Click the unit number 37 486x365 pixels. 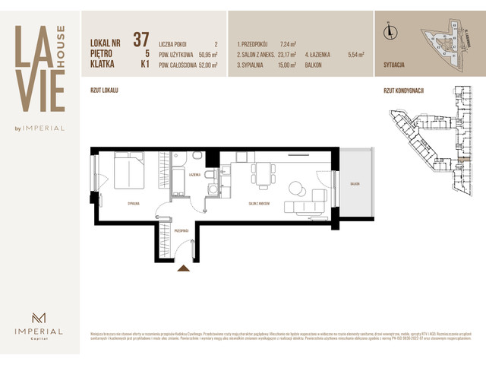click(x=140, y=40)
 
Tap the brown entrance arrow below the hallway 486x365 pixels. click(x=183, y=268)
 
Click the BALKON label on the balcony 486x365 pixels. click(x=355, y=184)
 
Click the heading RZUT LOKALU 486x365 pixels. click(x=104, y=90)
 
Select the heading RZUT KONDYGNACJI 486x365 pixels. click(x=403, y=90)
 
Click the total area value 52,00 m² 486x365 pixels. click(x=205, y=65)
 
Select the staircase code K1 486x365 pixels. click(x=141, y=65)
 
